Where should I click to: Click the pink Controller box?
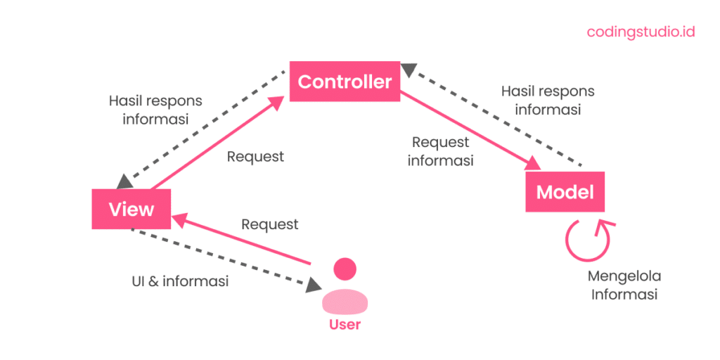point(345,82)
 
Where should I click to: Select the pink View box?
point(131,209)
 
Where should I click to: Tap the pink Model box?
point(565,192)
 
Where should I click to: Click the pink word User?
point(345,324)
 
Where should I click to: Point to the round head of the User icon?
point(345,268)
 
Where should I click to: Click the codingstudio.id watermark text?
point(641,32)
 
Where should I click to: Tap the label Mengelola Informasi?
point(625,285)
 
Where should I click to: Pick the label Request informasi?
point(440,151)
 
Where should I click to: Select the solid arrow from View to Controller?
point(218,144)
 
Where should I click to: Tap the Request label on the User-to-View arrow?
point(270,224)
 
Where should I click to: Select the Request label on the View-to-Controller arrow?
point(255,157)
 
